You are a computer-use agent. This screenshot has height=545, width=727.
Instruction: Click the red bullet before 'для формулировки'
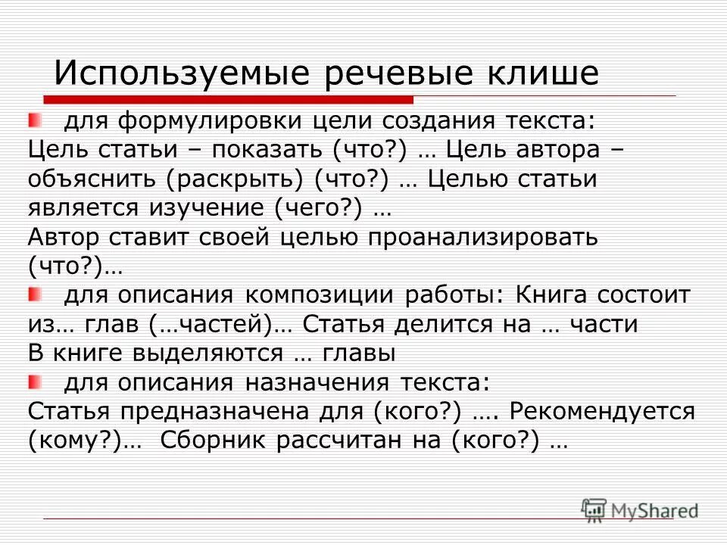pyautogui.click(x=35, y=120)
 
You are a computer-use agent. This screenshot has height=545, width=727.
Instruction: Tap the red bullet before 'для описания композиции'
pyautogui.click(x=35, y=293)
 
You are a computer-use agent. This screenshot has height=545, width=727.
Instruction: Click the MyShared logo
pyautogui.click(x=640, y=509)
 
